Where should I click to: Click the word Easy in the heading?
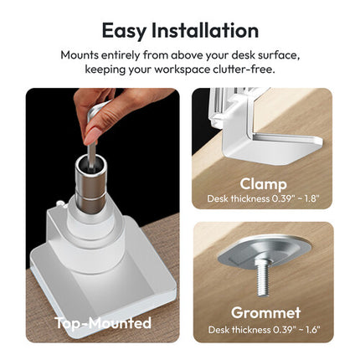tap(124, 32)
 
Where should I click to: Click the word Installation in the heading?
tap(205, 30)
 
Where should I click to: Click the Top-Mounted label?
tap(103, 323)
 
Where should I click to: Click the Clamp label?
tap(263, 184)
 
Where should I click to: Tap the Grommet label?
tap(265, 312)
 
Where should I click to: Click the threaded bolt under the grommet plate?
tap(263, 277)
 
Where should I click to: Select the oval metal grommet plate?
tap(264, 253)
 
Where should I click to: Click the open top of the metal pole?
tap(91, 161)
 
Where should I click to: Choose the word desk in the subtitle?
tap(242, 55)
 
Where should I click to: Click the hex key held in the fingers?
tap(91, 140)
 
